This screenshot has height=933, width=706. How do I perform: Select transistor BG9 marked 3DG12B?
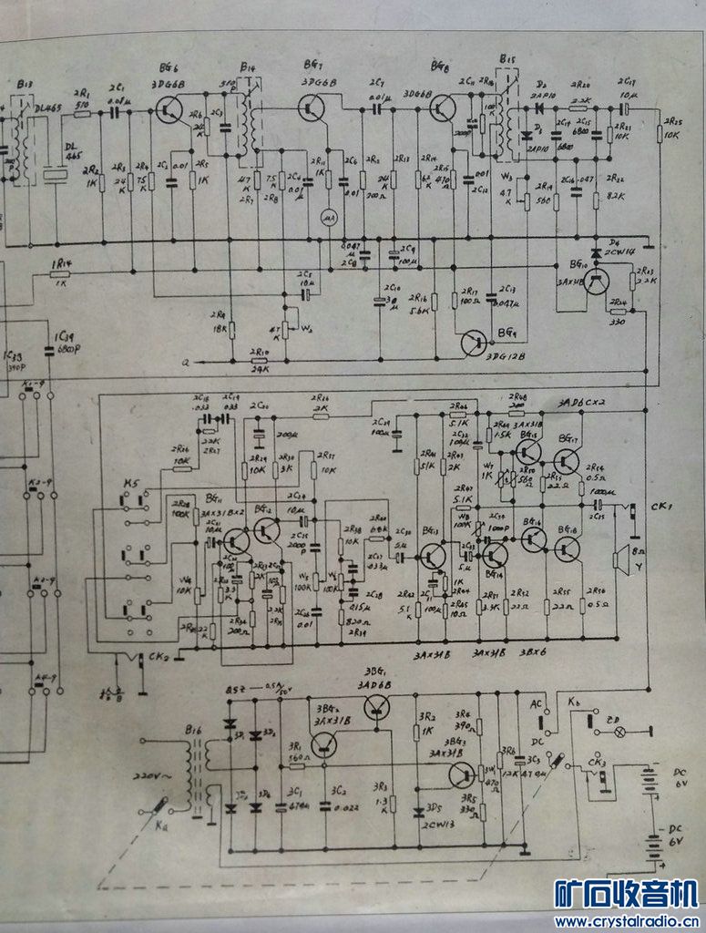(x=475, y=343)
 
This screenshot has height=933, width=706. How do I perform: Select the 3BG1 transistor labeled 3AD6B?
(x=375, y=707)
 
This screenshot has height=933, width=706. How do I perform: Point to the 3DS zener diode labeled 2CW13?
(x=418, y=811)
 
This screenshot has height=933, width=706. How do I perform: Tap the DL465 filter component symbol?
(x=57, y=173)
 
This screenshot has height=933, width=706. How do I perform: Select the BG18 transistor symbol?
(x=566, y=549)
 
